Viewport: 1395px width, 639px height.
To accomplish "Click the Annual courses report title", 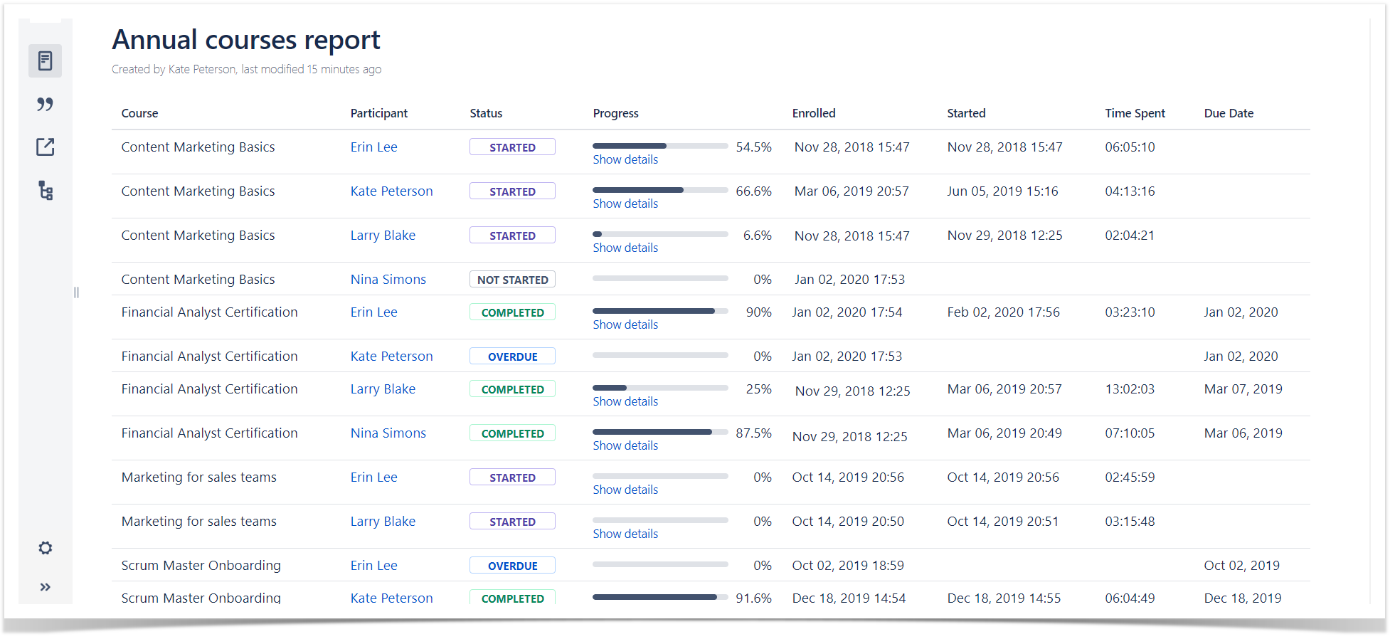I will tap(245, 40).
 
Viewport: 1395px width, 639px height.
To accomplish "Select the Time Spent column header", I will tap(1135, 113).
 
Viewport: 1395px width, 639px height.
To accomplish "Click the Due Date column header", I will tap(1229, 113).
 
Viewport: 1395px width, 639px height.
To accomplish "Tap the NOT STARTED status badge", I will tap(512, 280).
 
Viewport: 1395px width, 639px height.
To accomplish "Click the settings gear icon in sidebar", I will tap(46, 548).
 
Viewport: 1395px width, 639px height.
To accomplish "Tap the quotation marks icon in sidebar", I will tap(46, 105).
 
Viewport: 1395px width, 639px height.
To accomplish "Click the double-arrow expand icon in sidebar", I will tap(46, 587).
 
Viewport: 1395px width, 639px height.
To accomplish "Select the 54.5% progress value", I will tap(753, 147).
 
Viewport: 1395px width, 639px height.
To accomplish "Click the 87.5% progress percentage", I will tap(753, 433).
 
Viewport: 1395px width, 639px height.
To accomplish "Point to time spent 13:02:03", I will tap(1130, 389).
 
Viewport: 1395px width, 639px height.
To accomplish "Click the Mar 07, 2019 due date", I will tap(1243, 389).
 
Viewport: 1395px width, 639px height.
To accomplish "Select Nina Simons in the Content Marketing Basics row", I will tap(388, 280).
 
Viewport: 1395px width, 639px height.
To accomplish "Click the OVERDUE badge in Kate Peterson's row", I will tap(512, 357).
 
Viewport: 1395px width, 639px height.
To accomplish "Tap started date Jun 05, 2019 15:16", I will tap(1002, 191).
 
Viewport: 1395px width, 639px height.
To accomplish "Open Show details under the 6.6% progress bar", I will tap(625, 248).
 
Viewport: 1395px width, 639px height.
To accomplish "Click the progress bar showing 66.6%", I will tap(659, 190).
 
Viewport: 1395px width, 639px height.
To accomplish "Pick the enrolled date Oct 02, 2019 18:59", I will tap(848, 566).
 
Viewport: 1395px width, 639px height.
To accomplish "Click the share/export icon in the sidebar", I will tap(46, 147).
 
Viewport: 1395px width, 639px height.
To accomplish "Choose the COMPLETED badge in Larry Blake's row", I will tap(512, 389).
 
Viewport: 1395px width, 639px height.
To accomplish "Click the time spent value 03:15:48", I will tap(1130, 522).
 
